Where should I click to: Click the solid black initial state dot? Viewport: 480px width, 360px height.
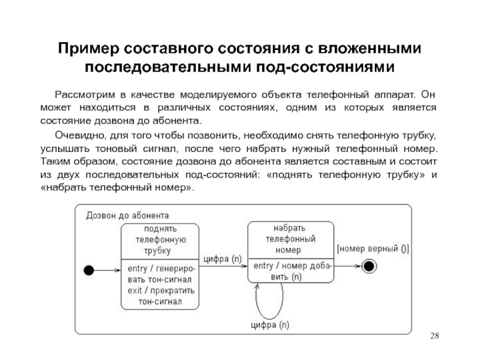point(89,271)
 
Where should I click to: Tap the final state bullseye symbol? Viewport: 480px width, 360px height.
point(369,266)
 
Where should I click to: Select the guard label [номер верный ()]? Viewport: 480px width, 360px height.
point(373,248)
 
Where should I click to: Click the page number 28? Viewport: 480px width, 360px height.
point(434,336)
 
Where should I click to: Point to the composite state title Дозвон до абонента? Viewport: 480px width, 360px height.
point(127,215)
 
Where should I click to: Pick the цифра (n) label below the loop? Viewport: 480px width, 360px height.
point(270,325)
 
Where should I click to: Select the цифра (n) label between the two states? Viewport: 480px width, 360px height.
point(223,259)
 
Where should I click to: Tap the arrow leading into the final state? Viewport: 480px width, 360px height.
point(348,266)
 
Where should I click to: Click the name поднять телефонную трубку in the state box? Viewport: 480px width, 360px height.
point(160,240)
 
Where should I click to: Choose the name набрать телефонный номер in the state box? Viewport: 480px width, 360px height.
point(290,239)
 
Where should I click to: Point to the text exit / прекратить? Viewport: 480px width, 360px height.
point(161,290)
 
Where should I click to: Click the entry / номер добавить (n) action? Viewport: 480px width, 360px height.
point(292,271)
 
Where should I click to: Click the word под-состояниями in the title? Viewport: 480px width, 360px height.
point(325,67)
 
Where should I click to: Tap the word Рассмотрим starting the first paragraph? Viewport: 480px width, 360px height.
point(85,95)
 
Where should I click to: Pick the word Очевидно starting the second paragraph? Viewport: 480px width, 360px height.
point(80,136)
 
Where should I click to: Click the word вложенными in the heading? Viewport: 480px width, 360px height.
point(370,49)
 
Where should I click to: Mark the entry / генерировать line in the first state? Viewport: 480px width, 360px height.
point(161,268)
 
